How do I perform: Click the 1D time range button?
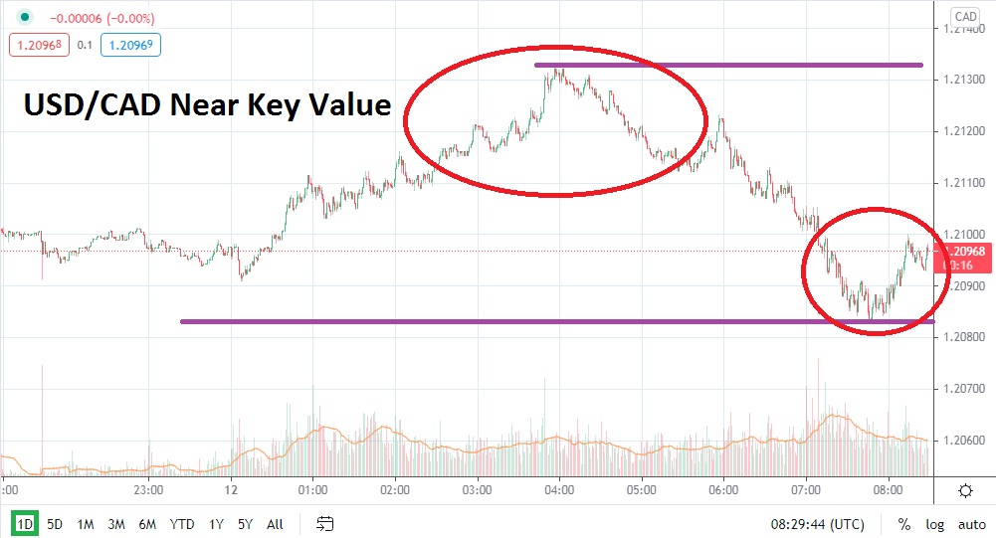[x=25, y=523]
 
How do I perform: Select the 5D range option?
[x=55, y=523]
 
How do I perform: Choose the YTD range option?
[x=182, y=523]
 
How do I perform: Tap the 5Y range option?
[x=245, y=523]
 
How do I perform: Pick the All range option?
[x=276, y=523]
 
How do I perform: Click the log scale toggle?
[x=933, y=523]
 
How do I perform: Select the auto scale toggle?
[x=971, y=523]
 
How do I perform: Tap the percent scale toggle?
[x=904, y=523]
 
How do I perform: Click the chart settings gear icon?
[x=965, y=490]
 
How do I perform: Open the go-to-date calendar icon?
[x=324, y=523]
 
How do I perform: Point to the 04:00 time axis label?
[x=559, y=490]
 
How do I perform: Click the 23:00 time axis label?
[x=147, y=490]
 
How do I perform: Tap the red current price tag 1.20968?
[x=963, y=252]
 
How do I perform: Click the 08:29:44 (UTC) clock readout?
[x=817, y=523]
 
